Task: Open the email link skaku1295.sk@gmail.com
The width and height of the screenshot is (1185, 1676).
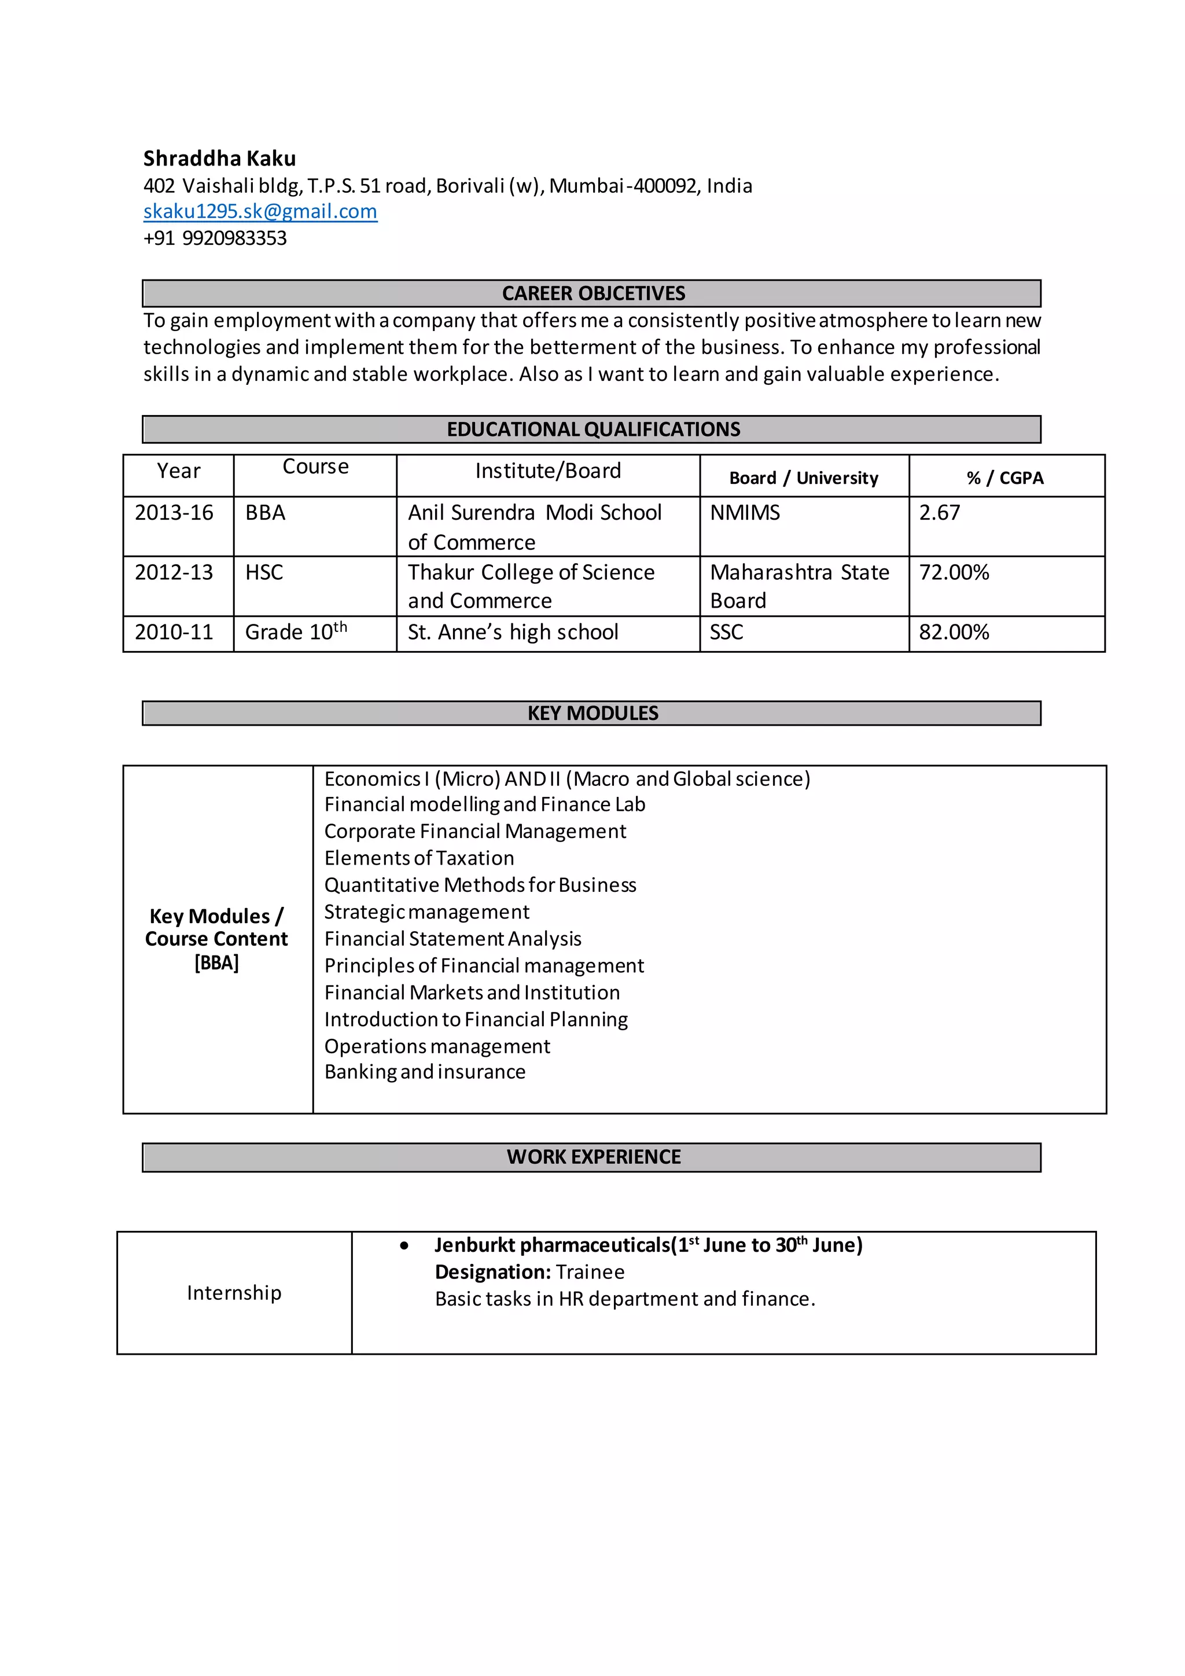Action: [260, 212]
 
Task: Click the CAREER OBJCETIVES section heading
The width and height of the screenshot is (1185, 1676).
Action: [592, 293]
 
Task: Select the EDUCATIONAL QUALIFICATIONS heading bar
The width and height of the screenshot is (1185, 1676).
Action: [592, 429]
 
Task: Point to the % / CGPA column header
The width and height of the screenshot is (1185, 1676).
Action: [1005, 478]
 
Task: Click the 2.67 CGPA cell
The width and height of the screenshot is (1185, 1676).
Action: [939, 512]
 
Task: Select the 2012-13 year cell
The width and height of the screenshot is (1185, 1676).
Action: [174, 572]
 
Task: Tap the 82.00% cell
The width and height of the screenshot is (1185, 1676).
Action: [954, 632]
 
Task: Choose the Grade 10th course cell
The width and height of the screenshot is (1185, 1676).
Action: [296, 631]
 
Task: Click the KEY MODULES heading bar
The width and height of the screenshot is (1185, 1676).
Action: [592, 713]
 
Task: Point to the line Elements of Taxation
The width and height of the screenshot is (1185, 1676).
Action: [419, 858]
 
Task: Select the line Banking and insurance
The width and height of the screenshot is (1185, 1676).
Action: [425, 1072]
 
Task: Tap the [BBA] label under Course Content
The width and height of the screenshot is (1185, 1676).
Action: [217, 964]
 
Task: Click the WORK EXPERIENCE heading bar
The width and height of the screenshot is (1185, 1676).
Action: [592, 1157]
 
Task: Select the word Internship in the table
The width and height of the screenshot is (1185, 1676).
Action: [234, 1293]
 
